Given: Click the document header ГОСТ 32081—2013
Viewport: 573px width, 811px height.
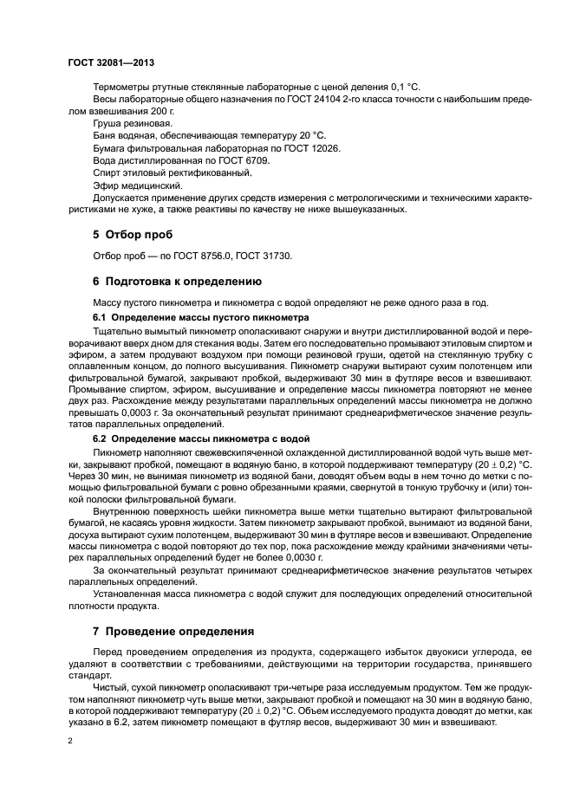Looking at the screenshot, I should [x=111, y=62].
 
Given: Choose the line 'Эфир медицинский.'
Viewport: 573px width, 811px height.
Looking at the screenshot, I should [x=137, y=185].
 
